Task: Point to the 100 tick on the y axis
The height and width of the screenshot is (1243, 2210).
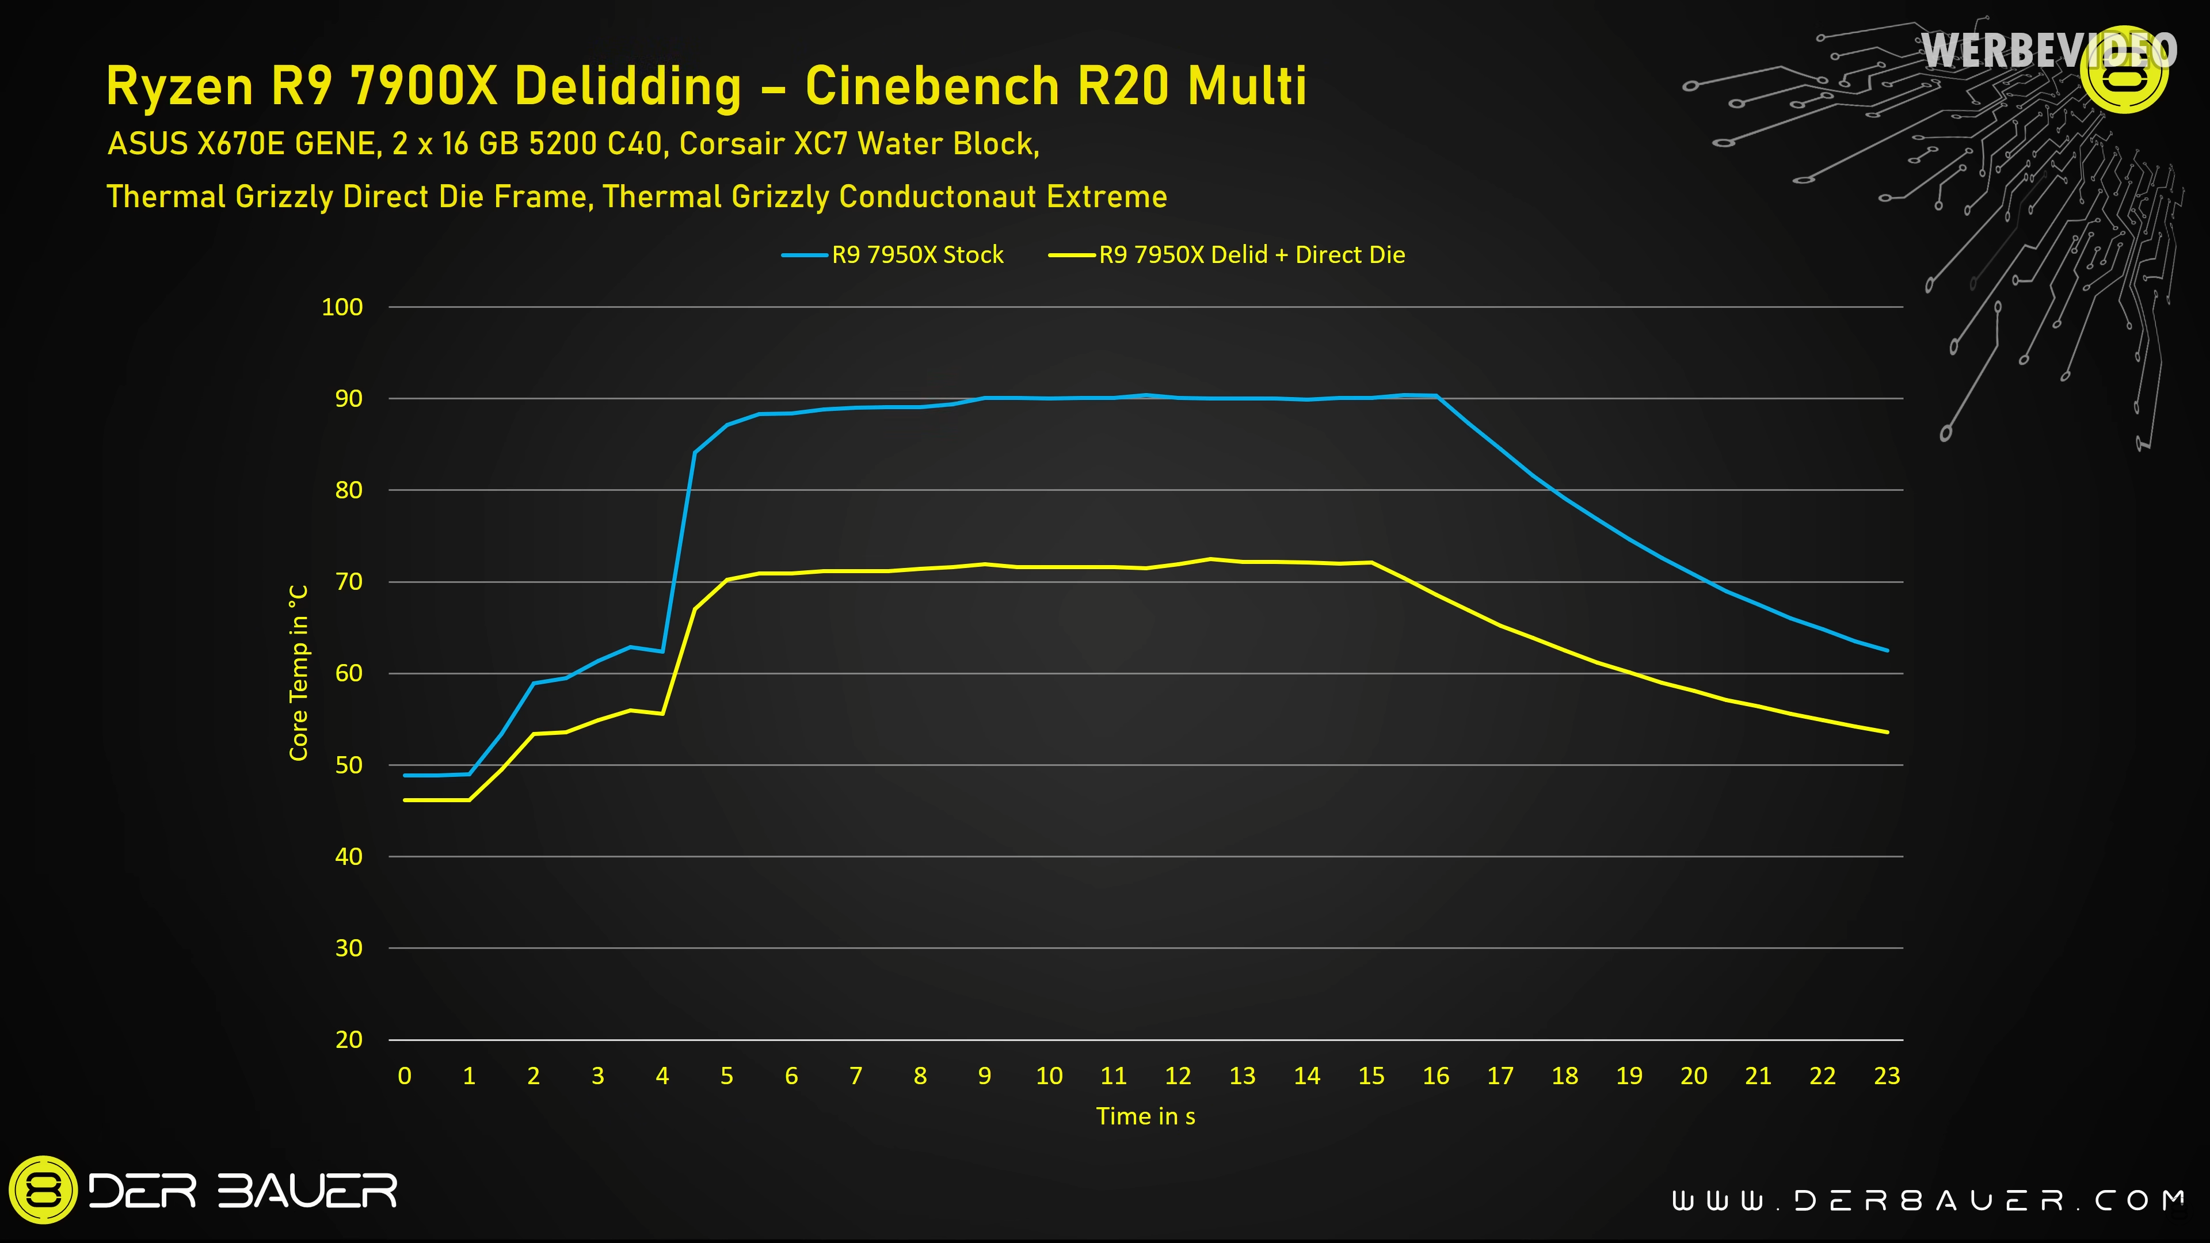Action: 342,307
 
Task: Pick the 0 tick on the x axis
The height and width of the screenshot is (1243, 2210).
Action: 405,1076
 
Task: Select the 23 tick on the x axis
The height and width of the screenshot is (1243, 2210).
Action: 1887,1076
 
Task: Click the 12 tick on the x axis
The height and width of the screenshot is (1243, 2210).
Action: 1178,1076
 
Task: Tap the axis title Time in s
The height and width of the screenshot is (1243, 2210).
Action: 1145,1116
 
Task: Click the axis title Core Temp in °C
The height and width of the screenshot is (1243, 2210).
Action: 299,673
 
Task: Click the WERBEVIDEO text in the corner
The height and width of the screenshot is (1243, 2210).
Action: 2049,51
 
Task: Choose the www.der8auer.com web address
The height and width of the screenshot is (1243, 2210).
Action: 1927,1200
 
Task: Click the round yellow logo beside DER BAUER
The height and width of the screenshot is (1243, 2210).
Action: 43,1191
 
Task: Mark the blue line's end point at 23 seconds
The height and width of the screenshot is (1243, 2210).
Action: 1887,650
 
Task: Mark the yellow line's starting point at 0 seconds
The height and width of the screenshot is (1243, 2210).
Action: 405,800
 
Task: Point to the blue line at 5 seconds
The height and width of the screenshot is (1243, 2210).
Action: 727,425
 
